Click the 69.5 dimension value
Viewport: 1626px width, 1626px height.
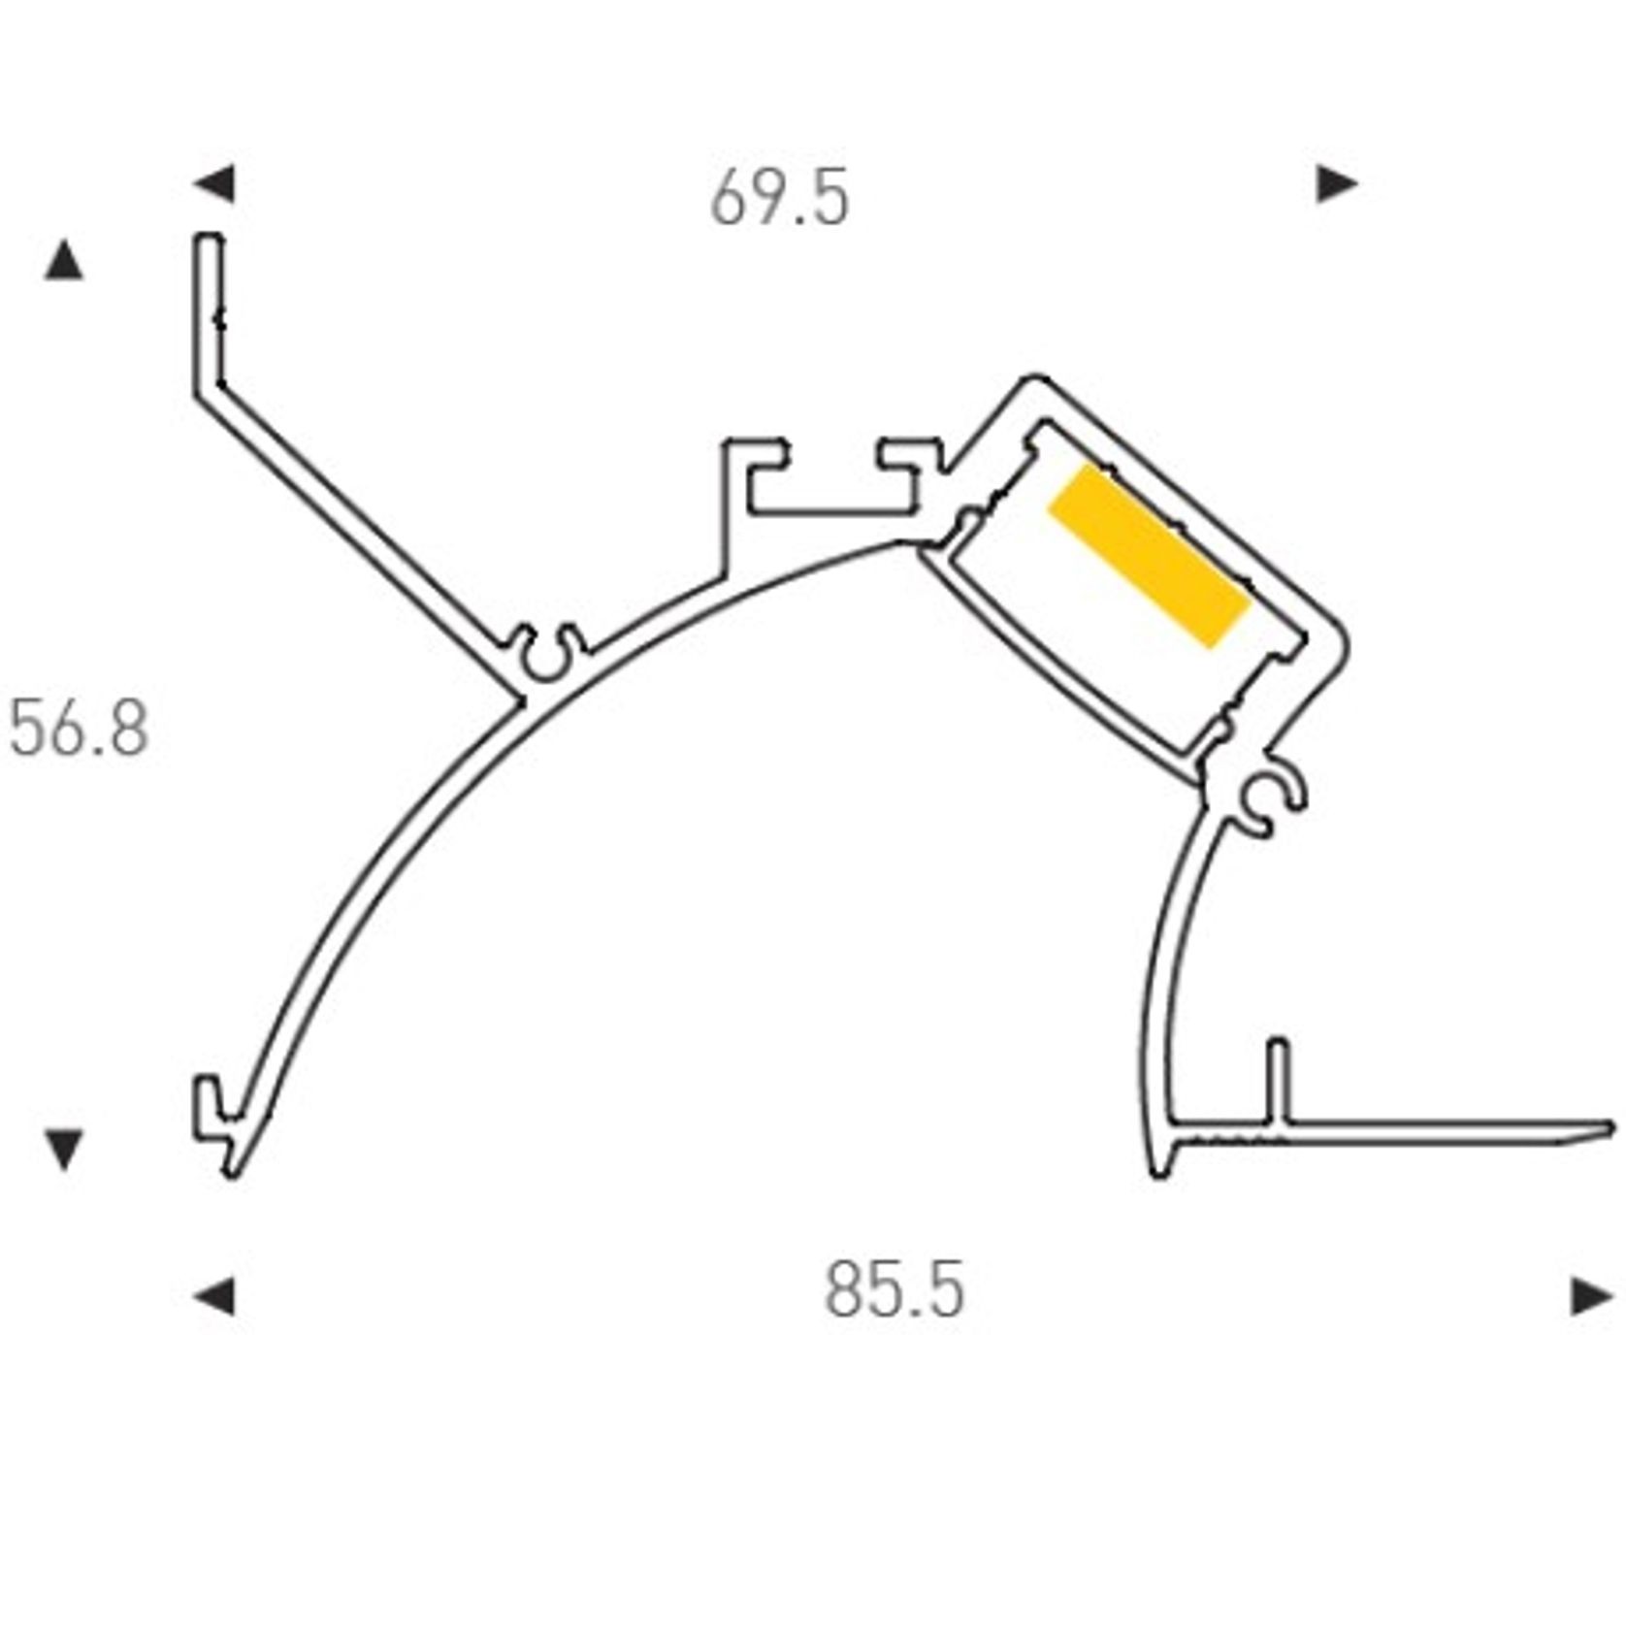click(x=779, y=198)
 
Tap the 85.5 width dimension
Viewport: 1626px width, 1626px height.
click(x=894, y=1289)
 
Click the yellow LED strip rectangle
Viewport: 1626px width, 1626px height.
click(x=1150, y=555)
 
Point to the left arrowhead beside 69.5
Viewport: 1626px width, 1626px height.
click(x=214, y=183)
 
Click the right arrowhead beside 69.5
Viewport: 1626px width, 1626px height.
click(x=1337, y=183)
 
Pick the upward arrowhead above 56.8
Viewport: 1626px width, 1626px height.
click(x=64, y=260)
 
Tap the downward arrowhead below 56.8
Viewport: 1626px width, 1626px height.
click(x=64, y=1151)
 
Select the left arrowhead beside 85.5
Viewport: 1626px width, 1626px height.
click(x=214, y=1296)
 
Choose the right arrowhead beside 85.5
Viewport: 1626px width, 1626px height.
click(x=1591, y=1296)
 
